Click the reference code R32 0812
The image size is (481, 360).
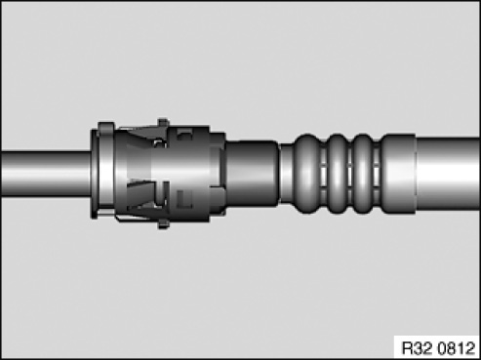438,348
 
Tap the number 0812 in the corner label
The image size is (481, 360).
457,348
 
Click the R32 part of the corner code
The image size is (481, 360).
418,348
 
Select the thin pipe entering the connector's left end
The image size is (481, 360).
46,174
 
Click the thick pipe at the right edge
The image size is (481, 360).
448,174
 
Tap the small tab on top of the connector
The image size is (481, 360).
163,123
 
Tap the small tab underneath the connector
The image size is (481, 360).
163,224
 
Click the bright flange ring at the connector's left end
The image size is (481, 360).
104,170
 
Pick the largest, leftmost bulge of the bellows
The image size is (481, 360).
307,173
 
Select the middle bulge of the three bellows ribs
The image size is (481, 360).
337,173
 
